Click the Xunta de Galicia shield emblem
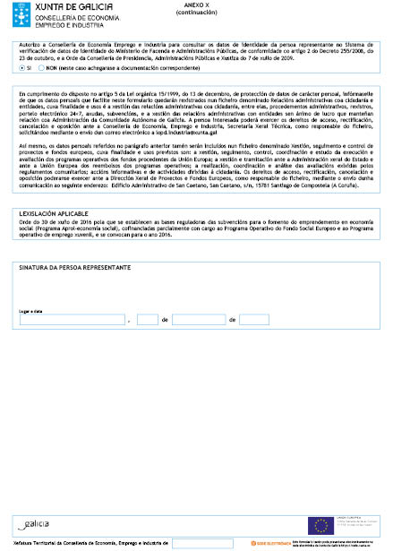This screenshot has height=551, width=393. click(x=12, y=11)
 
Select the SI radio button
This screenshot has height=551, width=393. click(x=21, y=67)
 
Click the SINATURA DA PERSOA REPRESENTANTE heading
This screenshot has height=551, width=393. click(x=74, y=268)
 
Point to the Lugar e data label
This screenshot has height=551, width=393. click(x=32, y=311)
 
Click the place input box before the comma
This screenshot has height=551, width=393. click(x=72, y=319)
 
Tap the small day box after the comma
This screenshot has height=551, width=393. click(x=148, y=319)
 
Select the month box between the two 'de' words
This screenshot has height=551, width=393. click(x=198, y=319)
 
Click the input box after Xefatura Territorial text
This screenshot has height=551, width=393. click(x=202, y=543)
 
